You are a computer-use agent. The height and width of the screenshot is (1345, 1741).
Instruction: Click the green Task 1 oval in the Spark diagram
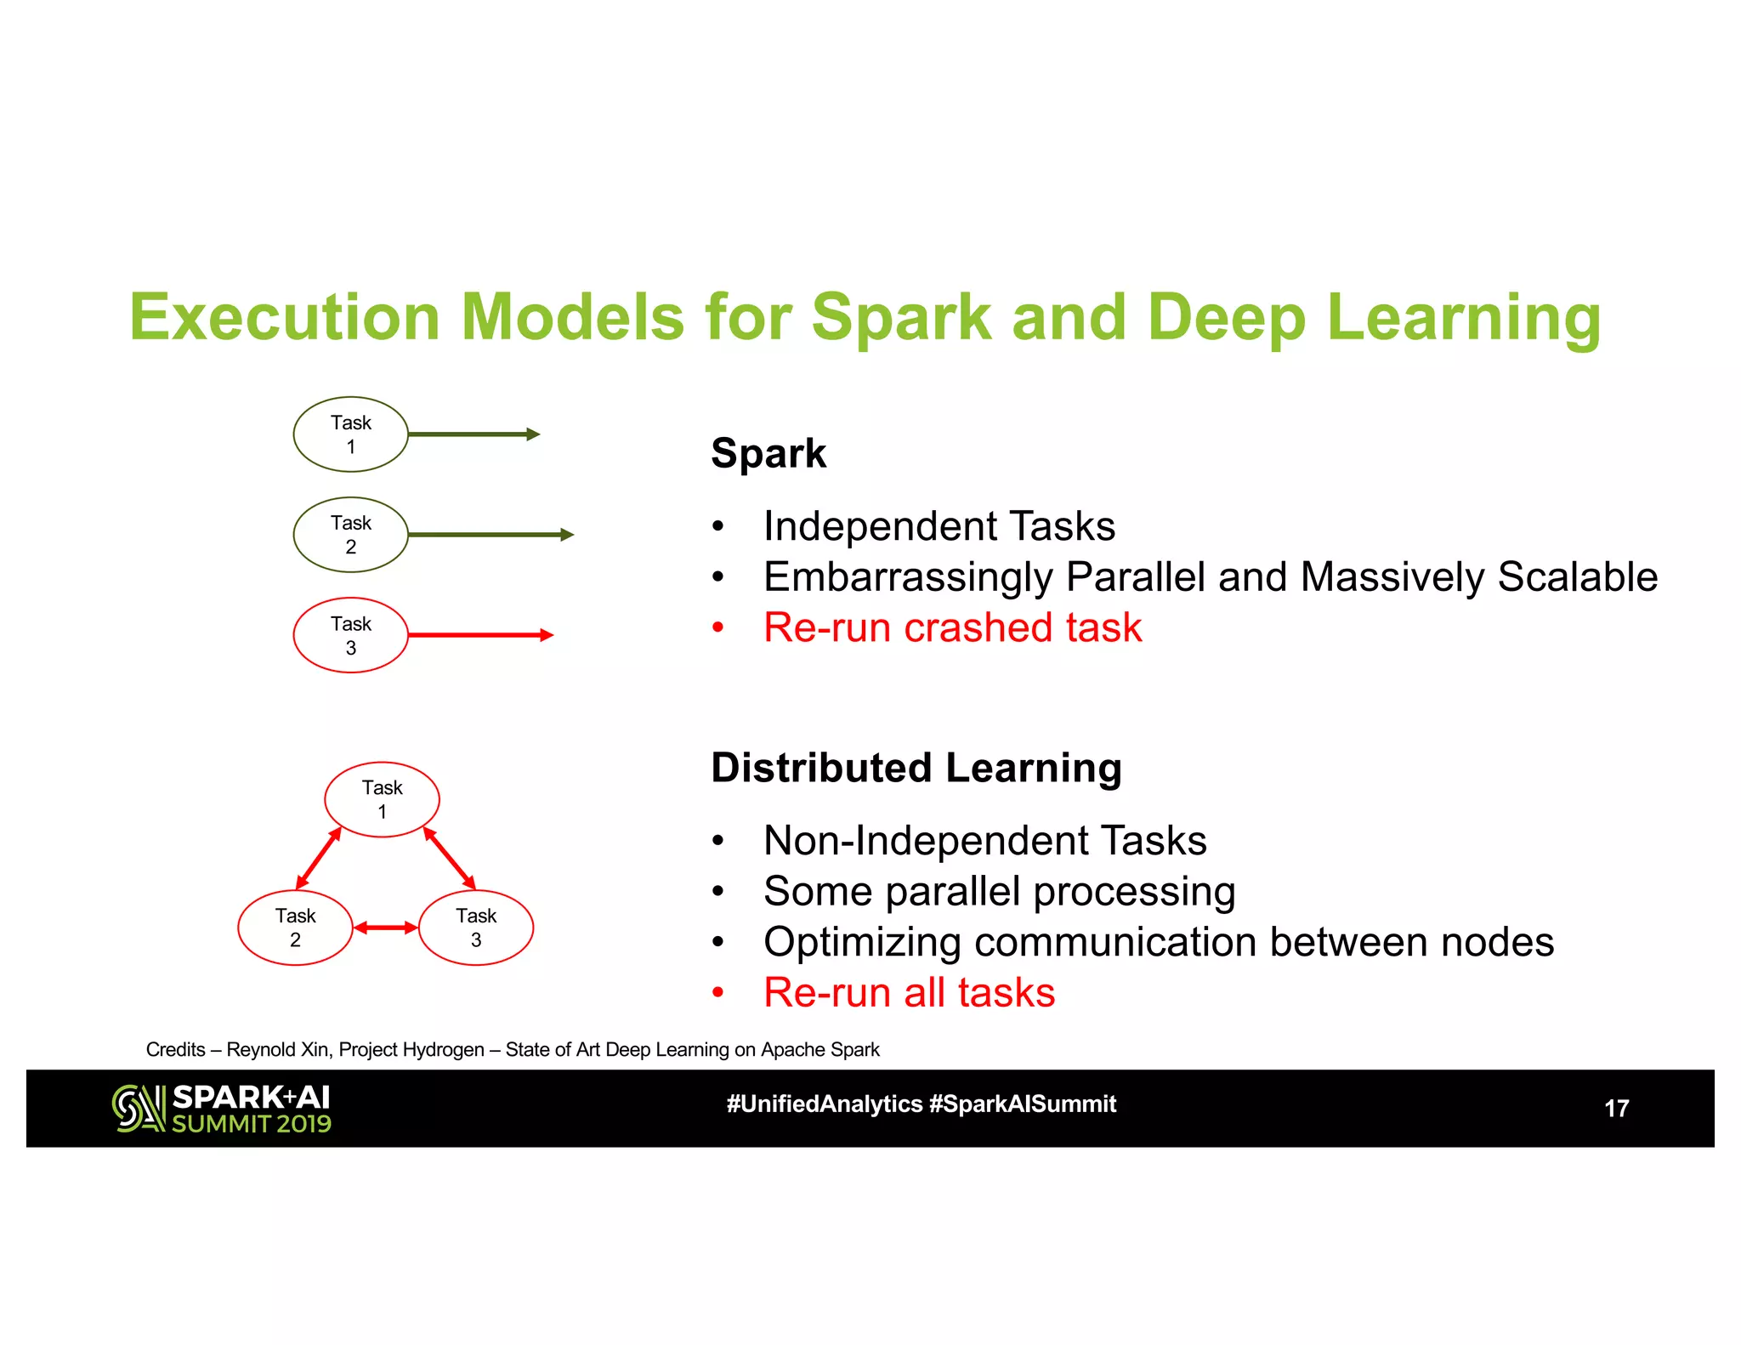350,434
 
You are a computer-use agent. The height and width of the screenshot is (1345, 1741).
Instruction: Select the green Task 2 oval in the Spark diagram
350,535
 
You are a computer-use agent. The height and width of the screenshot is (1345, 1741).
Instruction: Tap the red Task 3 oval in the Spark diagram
350,635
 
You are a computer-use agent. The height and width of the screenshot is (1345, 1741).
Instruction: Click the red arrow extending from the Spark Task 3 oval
480,635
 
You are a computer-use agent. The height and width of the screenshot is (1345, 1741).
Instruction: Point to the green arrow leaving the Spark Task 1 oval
474,434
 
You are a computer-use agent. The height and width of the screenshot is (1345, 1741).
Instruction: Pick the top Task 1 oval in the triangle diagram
382,799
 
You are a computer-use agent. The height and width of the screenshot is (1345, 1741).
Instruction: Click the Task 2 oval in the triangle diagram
295,928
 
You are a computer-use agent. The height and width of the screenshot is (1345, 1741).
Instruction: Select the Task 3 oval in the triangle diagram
476,928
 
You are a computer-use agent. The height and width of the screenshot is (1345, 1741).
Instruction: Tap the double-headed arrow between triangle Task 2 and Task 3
385,928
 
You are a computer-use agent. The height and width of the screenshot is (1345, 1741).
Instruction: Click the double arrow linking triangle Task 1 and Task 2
319,858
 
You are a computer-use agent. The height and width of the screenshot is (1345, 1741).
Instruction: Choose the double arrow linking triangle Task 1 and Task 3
449,858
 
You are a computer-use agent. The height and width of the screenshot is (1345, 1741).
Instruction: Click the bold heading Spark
768,453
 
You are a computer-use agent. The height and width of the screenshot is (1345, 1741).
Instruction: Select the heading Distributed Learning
916,768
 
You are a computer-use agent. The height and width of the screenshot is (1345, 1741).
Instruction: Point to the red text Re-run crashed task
952,628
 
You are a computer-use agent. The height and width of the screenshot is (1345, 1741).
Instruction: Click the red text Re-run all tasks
909,993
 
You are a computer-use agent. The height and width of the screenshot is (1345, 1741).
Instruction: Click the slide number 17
1616,1109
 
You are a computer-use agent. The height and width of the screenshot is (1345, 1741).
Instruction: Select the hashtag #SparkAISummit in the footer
1023,1104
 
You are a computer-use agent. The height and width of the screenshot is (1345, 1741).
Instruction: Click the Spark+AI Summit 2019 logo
222,1109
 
